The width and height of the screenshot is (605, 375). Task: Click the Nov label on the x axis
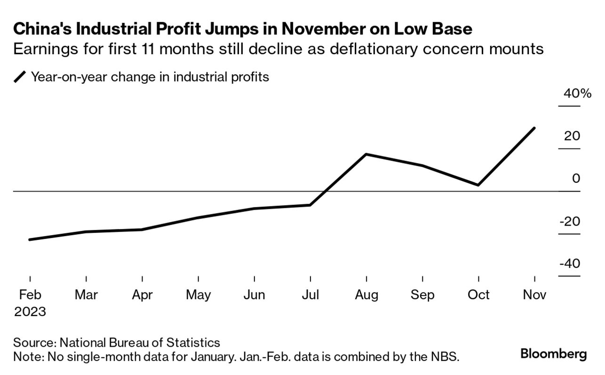point(534,295)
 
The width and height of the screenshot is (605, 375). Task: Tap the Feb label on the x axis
point(30,295)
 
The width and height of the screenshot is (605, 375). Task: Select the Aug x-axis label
point(366,295)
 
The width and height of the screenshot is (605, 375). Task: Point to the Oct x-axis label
point(478,295)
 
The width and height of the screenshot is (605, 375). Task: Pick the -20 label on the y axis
point(569,221)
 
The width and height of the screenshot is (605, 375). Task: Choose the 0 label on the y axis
point(576,179)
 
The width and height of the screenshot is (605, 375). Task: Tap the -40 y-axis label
point(569,263)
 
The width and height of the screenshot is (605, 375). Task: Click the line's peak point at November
point(534,128)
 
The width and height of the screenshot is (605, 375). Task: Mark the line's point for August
point(366,154)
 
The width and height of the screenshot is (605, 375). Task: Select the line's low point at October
point(478,185)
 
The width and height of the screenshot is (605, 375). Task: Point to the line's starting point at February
point(30,239)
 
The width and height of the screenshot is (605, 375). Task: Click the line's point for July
point(310,205)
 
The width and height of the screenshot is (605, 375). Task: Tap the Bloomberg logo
point(553,354)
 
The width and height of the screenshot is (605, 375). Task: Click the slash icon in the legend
point(20,77)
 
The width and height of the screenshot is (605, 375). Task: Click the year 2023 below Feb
point(30,312)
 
